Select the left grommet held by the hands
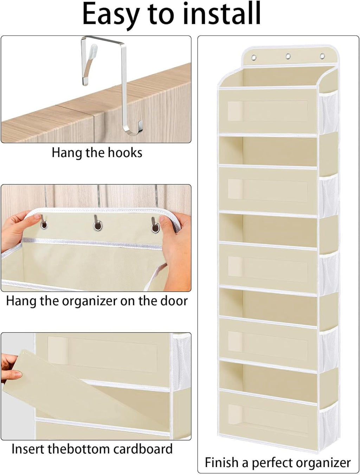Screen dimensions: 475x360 point(44,224)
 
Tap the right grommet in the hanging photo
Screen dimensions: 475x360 point(155,228)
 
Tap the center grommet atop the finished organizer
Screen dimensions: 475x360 point(288,56)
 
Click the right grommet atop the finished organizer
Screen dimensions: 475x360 point(322,56)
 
